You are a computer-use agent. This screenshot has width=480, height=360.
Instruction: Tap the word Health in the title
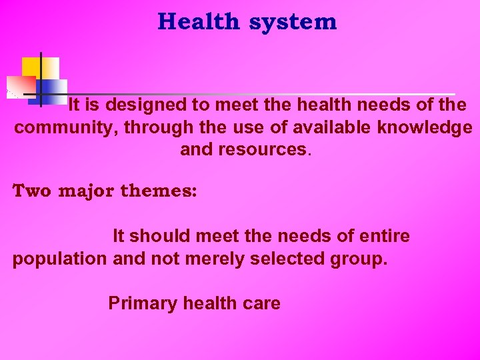tap(198, 22)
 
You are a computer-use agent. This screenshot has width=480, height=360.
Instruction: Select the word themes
tap(159, 191)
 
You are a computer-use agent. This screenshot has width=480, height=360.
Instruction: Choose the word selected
tap(287, 259)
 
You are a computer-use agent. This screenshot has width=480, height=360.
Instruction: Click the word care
tap(261, 303)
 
